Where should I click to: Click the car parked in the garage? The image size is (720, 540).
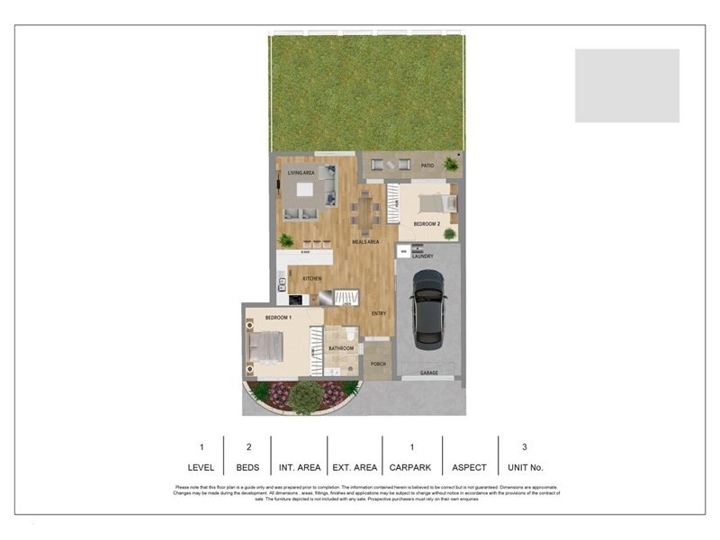pos(427,311)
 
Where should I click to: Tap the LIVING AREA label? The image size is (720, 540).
pos(301,172)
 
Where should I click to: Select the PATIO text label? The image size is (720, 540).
pos(427,166)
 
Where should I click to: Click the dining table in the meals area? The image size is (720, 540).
pos(365,213)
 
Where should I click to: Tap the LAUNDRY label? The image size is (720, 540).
pos(423,256)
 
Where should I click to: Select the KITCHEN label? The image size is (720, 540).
pos(312,279)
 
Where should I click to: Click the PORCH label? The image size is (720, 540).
pos(379,364)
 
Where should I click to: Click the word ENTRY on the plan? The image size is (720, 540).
pos(380,312)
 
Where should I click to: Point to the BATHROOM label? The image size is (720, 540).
pos(340,348)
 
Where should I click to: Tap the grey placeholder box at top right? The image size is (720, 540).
pos(626,85)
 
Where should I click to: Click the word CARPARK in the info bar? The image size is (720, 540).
pos(411,467)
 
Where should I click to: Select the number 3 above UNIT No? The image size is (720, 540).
pos(525,446)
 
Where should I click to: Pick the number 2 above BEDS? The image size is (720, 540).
pos(247,446)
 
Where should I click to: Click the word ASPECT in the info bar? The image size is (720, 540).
pos(469,467)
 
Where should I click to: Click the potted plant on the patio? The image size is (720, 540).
pos(450,165)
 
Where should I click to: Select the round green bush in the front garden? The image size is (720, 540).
pos(306,396)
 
